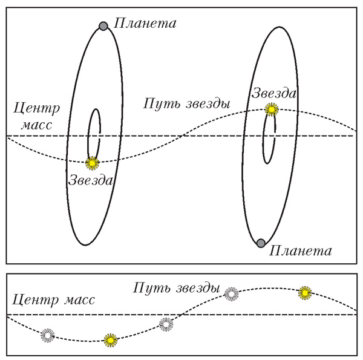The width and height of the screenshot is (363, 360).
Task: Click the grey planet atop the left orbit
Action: tap(103, 26)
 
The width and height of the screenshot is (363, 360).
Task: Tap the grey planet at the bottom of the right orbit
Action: tap(260, 243)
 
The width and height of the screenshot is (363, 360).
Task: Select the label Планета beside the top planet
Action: tap(145, 24)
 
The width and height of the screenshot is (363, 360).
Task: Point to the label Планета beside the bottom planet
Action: tap(301, 250)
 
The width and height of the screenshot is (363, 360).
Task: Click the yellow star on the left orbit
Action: tap(92, 162)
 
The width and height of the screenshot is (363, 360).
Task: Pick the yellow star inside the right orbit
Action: tap(272, 110)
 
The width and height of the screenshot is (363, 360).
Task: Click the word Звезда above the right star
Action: tap(275, 93)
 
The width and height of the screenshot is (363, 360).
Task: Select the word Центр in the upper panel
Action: tap(37, 110)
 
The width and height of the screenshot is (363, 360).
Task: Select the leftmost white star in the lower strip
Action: tap(47, 335)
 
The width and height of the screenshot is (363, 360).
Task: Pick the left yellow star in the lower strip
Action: tap(110, 340)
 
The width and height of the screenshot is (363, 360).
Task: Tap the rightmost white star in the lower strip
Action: tap(231, 294)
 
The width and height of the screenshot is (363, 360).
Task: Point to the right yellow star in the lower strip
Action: tap(306, 293)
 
